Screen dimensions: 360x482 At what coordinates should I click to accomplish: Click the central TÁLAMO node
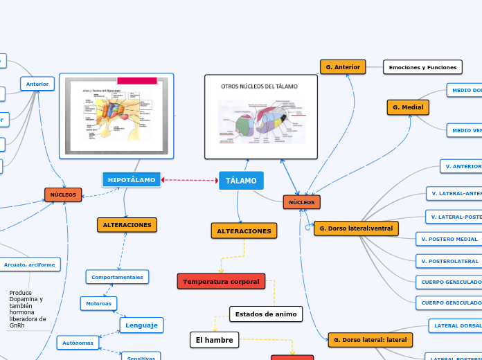pyautogui.click(x=241, y=181)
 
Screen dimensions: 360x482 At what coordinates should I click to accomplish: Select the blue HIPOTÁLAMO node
pyautogui.click(x=132, y=179)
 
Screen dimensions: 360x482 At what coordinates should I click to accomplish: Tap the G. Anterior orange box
pyautogui.click(x=343, y=66)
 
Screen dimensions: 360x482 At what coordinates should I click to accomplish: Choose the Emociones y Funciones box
pyautogui.click(x=422, y=67)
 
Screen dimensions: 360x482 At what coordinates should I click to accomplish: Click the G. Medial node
pyautogui.click(x=408, y=107)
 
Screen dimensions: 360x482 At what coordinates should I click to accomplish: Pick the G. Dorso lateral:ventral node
pyautogui.click(x=356, y=228)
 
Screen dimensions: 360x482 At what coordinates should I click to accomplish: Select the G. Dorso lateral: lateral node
pyautogui.click(x=370, y=340)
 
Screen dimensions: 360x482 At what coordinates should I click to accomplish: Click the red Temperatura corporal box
pyautogui.click(x=221, y=281)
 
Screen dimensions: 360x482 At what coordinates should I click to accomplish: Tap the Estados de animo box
pyautogui.click(x=266, y=314)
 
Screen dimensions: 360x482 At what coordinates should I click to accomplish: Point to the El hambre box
pyautogui.click(x=214, y=339)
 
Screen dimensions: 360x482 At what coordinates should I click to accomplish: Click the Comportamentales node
pyautogui.click(x=117, y=277)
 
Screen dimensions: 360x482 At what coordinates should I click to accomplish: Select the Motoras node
pyautogui.click(x=98, y=303)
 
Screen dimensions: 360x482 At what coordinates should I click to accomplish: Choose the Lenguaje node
pyautogui.click(x=141, y=325)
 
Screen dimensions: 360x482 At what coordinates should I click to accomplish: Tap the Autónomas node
pyautogui.click(x=78, y=342)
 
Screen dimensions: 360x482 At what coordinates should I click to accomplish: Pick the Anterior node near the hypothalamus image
pyautogui.click(x=37, y=84)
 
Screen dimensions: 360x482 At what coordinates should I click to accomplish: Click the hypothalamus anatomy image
pyautogui.click(x=116, y=116)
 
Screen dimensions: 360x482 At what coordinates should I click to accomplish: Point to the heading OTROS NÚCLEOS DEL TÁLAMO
pyautogui.click(x=259, y=87)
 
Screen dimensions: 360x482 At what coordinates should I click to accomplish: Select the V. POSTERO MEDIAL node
pyautogui.click(x=447, y=239)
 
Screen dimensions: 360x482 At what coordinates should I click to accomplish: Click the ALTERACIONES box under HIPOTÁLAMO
pyautogui.click(x=127, y=225)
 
